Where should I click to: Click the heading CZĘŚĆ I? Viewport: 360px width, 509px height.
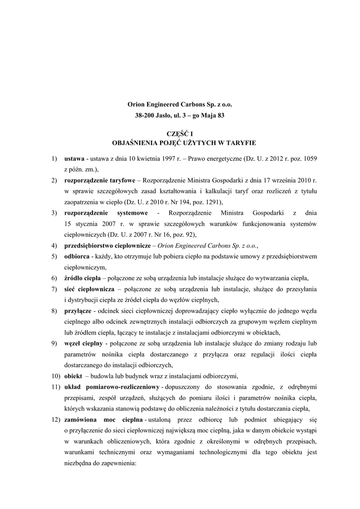180,134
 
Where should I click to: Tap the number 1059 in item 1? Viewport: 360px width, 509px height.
309,158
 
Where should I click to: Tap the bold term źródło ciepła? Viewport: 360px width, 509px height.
82,278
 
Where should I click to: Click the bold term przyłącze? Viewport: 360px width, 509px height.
78,311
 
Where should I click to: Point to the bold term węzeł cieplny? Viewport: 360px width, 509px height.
84,343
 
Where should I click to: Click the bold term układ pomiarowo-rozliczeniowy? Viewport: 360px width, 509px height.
111,386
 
